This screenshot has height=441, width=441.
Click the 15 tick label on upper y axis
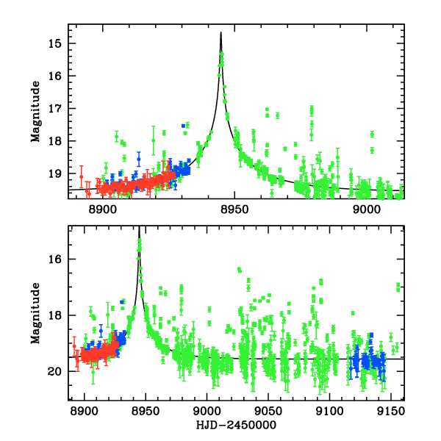(54, 43)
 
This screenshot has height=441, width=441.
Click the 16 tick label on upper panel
(54, 76)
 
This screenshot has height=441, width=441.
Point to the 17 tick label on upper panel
(54, 108)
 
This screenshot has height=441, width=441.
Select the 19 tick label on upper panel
(54, 173)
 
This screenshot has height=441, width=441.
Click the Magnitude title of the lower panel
(35, 313)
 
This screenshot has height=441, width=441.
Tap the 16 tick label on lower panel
(54, 259)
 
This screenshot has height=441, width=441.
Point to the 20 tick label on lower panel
(54, 371)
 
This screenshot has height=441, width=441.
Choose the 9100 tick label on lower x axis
(329, 412)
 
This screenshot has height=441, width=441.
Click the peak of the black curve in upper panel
(220, 32)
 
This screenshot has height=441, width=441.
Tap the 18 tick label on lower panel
(54, 315)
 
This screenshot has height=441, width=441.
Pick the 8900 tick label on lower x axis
(85, 412)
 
